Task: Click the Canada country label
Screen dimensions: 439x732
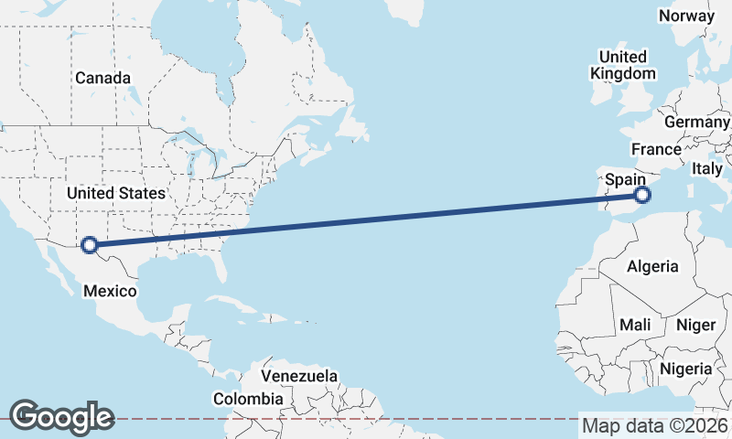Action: pyautogui.click(x=102, y=78)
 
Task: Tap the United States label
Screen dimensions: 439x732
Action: pyautogui.click(x=116, y=193)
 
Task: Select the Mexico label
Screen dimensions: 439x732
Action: pyautogui.click(x=110, y=291)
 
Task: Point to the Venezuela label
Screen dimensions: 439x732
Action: pyautogui.click(x=299, y=376)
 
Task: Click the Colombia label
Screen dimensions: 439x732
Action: pyautogui.click(x=248, y=399)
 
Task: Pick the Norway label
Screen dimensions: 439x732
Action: pyautogui.click(x=685, y=16)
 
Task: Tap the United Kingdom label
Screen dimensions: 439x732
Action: pyautogui.click(x=623, y=65)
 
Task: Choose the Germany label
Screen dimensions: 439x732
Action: pyautogui.click(x=697, y=122)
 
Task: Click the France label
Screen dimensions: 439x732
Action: pyautogui.click(x=655, y=149)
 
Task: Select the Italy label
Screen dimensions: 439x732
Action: pyautogui.click(x=706, y=168)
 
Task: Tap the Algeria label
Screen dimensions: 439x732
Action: pyautogui.click(x=652, y=266)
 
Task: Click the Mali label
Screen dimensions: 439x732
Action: pyautogui.click(x=635, y=325)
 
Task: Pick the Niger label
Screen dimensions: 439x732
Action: pyautogui.click(x=695, y=325)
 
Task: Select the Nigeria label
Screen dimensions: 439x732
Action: pyautogui.click(x=685, y=369)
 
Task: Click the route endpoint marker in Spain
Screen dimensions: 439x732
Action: pyautogui.click(x=642, y=195)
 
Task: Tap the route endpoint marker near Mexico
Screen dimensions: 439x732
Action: pyautogui.click(x=90, y=244)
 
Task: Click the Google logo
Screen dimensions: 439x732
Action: pyautogui.click(x=61, y=417)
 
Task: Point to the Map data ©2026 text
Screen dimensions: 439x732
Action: pyautogui.click(x=654, y=425)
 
